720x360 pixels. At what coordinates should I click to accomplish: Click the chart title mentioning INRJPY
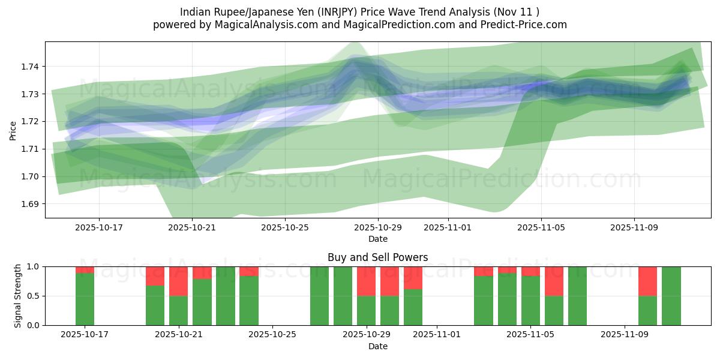(x=359, y=12)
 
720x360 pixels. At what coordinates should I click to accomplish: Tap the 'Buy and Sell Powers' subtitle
(x=377, y=257)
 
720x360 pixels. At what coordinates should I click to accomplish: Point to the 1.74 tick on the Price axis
(x=30, y=67)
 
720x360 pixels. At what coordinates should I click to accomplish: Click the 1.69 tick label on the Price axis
(x=30, y=204)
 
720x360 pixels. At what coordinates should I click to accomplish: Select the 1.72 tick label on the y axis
(x=30, y=122)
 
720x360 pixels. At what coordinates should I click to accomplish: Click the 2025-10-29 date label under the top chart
(x=377, y=228)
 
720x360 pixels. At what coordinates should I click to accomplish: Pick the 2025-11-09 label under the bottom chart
(x=625, y=334)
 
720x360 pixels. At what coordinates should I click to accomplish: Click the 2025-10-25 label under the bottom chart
(x=272, y=334)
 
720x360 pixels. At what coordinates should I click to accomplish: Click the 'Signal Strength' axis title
(x=18, y=296)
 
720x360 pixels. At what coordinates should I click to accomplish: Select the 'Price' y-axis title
(x=13, y=130)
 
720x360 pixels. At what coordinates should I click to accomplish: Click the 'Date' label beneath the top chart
(x=377, y=239)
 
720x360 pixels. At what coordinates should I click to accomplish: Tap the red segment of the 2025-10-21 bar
(x=178, y=281)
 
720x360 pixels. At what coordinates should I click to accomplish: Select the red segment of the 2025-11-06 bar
(x=554, y=281)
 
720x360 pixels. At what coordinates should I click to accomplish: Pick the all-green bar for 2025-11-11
(x=671, y=296)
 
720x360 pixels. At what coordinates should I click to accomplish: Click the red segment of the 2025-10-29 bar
(x=366, y=281)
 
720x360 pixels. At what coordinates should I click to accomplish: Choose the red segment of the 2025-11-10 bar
(x=647, y=281)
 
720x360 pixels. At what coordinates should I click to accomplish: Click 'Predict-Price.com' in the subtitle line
(x=520, y=25)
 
